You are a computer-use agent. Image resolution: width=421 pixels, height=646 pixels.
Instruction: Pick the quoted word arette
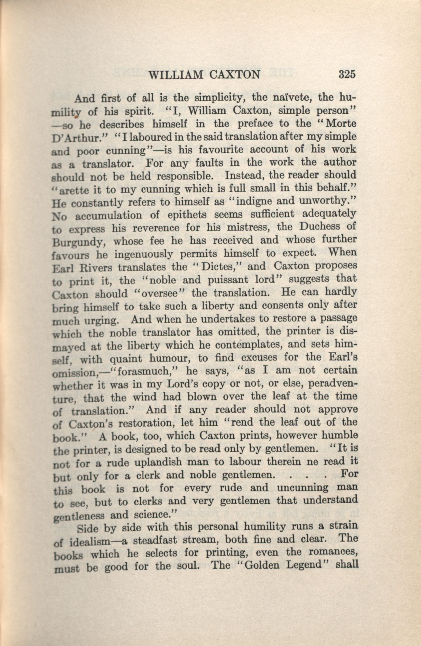click(73, 190)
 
